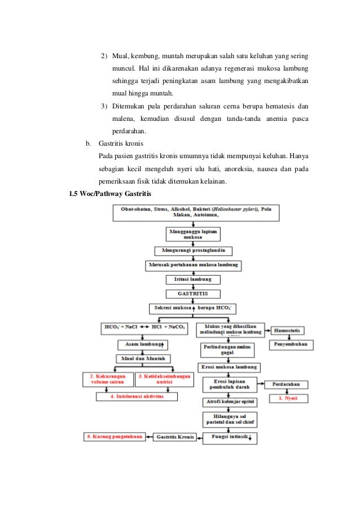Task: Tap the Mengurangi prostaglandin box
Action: (x=193, y=251)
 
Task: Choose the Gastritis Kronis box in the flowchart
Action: (x=175, y=437)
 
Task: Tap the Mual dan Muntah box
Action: (x=143, y=359)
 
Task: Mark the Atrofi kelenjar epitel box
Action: (x=229, y=402)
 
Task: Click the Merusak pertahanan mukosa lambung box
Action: (x=193, y=265)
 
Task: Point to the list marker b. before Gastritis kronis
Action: (x=87, y=143)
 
